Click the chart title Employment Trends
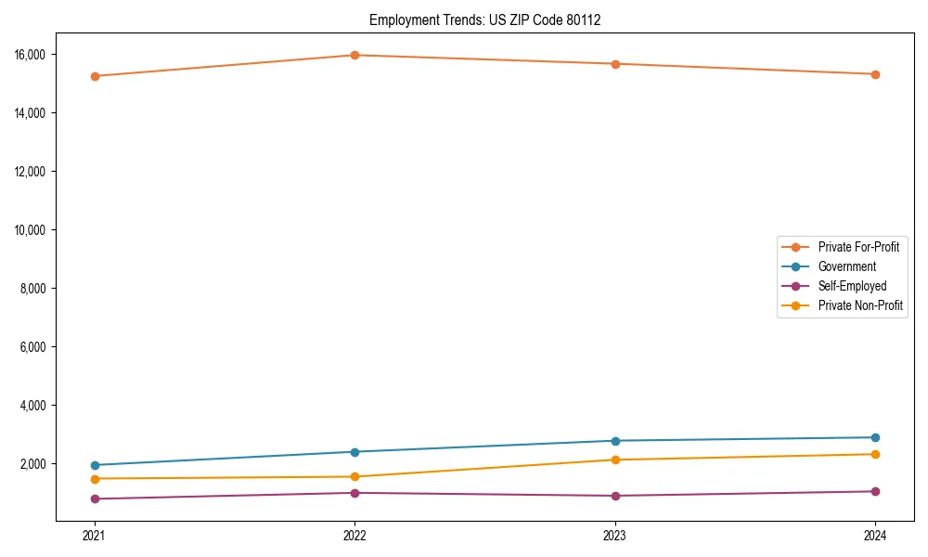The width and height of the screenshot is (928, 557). click(x=484, y=19)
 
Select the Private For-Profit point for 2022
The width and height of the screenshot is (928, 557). click(x=354, y=55)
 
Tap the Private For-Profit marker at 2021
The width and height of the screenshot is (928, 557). click(x=94, y=76)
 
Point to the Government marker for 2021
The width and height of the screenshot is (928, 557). click(x=94, y=465)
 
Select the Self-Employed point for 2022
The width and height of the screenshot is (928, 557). click(x=354, y=493)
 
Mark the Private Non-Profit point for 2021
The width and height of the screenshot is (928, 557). click(x=94, y=479)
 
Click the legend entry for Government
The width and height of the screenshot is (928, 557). click(x=846, y=266)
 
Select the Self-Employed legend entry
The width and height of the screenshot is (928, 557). click(x=852, y=286)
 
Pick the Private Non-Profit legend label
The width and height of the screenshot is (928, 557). click(x=860, y=305)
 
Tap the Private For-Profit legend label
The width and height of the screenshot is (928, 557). click(x=857, y=247)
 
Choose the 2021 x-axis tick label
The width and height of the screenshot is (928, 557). click(x=94, y=536)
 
